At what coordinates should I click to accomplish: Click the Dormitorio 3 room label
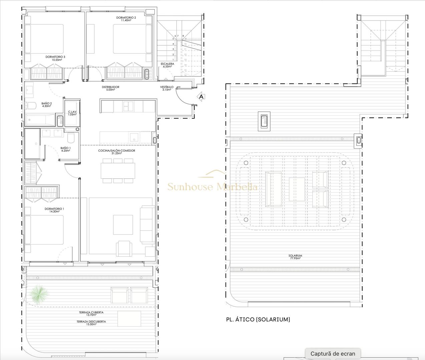[x=55, y=58]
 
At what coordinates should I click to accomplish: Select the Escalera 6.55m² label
[x=167, y=65]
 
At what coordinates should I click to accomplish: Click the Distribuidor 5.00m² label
[x=110, y=88]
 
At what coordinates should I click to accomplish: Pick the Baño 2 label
[x=46, y=105]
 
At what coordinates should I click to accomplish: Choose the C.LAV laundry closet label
[x=72, y=113]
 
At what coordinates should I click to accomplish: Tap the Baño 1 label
[x=65, y=149]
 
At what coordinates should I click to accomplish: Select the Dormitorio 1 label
[x=54, y=210]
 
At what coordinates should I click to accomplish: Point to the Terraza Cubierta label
[x=91, y=314]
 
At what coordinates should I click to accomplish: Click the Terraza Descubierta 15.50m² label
[x=91, y=323]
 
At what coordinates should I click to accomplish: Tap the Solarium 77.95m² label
[x=295, y=257]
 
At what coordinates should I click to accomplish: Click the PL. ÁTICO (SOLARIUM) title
[x=258, y=319]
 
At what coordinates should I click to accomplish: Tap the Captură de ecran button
[x=333, y=354]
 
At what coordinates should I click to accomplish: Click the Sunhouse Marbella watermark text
[x=212, y=186]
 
